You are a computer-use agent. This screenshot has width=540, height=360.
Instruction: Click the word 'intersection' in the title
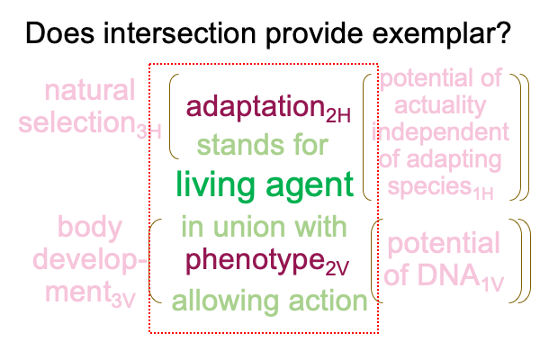180,32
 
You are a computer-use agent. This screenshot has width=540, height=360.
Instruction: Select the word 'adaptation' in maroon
256,107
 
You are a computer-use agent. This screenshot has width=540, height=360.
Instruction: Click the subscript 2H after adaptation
338,115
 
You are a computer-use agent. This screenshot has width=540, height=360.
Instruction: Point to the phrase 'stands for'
263,145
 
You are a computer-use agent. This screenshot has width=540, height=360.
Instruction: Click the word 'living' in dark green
216,186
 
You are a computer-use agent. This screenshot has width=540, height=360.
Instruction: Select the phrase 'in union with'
264,226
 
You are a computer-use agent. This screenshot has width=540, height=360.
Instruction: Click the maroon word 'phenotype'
256,261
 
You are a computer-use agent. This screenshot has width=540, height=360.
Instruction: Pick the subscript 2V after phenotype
337,268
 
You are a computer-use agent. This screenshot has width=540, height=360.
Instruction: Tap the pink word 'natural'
89,90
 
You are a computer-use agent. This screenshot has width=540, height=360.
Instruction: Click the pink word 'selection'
77,121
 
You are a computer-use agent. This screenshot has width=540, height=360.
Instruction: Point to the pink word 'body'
90,228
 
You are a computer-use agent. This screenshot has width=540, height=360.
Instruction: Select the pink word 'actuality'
440,106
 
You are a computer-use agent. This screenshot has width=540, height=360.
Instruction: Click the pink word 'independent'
440,132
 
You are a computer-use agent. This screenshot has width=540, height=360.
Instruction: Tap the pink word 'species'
429,186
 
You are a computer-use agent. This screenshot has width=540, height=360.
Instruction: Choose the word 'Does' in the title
60,32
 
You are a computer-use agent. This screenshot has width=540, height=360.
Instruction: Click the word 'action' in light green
328,301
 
